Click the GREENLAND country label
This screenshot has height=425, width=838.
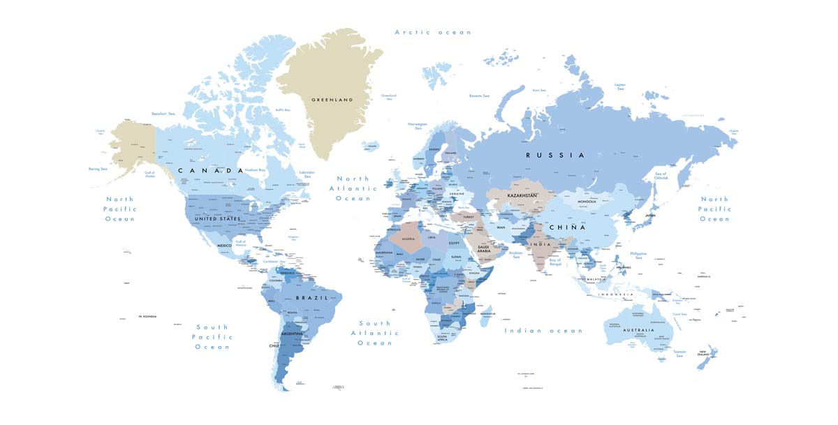[332, 100]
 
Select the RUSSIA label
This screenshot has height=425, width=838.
[555, 155]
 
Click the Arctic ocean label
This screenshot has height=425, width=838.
[433, 32]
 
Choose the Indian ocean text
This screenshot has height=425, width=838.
[543, 331]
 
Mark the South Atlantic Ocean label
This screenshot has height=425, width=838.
[375, 333]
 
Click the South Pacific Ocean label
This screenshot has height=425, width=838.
[212, 337]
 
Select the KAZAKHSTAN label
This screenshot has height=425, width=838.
[522, 196]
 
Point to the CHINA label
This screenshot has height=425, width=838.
[566, 228]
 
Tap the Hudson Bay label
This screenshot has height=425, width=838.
[255, 170]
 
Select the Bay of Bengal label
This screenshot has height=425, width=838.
[546, 262]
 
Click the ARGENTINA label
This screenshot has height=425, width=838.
[292, 334]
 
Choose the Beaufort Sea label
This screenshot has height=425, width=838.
[163, 113]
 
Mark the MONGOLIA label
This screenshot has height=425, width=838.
[586, 202]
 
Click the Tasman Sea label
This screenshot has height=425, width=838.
[679, 353]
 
